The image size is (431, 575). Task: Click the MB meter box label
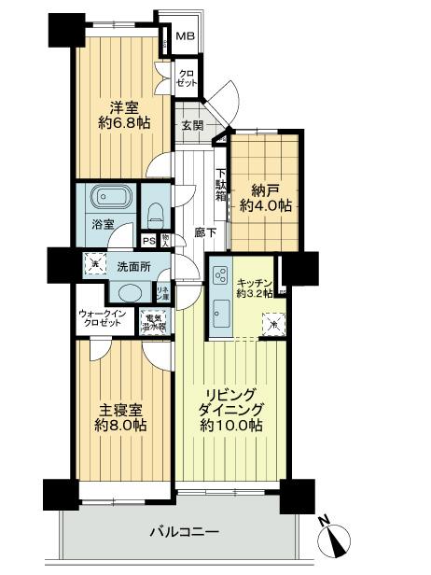point(186,38)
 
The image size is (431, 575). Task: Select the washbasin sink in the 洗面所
point(131,293)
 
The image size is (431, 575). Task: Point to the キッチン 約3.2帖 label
point(253,287)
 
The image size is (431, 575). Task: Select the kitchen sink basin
point(222,311)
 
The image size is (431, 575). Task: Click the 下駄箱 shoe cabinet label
point(221,184)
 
